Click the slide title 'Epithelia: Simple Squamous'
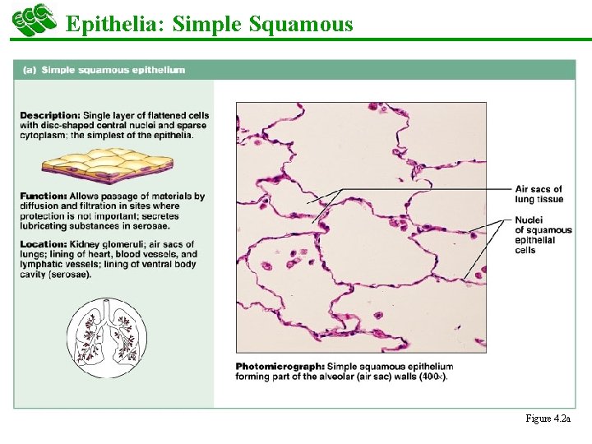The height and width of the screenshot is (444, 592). click(x=209, y=24)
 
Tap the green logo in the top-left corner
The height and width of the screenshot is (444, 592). click(x=33, y=20)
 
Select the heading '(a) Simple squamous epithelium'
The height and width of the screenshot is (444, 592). click(x=102, y=70)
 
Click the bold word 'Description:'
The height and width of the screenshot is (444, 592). click(x=50, y=115)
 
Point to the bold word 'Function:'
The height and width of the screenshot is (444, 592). click(x=44, y=197)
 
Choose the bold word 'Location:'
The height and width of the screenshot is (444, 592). click(x=44, y=244)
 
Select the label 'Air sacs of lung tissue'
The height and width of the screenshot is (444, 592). click(x=539, y=194)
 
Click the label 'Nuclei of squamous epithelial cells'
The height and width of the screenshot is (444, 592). click(x=542, y=235)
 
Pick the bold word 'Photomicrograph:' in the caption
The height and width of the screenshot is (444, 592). click(x=279, y=367)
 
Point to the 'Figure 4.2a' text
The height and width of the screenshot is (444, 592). click(x=548, y=419)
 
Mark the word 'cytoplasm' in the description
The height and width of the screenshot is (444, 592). click(x=43, y=135)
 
